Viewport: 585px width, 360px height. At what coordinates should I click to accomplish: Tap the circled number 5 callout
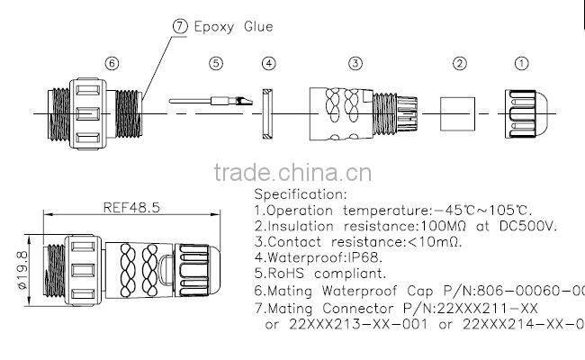[215, 64]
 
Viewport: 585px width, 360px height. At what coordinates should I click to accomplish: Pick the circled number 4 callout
[269, 64]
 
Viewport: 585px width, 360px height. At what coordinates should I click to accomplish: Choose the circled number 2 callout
[459, 64]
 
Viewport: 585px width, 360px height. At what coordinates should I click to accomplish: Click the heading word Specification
[300, 193]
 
